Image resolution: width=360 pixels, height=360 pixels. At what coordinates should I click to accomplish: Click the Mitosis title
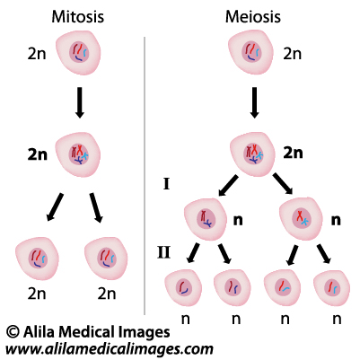pyautogui.click(x=78, y=17)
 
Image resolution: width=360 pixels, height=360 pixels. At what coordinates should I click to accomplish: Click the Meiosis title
pyautogui.click(x=253, y=17)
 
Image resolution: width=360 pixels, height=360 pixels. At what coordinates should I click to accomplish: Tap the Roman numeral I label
pyautogui.click(x=167, y=184)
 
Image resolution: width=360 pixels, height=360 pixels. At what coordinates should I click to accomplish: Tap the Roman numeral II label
pyautogui.click(x=164, y=252)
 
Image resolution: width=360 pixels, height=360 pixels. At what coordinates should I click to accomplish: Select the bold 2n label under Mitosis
pyautogui.click(x=38, y=154)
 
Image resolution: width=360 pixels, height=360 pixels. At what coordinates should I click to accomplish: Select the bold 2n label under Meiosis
pyautogui.click(x=293, y=153)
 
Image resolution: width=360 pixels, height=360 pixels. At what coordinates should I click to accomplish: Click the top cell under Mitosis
pyautogui.click(x=78, y=53)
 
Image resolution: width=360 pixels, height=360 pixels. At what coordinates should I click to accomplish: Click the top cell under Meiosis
pyautogui.click(x=250, y=52)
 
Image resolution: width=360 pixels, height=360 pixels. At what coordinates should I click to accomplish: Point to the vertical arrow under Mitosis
pyautogui.click(x=79, y=102)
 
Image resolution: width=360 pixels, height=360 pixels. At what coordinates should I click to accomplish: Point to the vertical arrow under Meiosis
pyautogui.click(x=254, y=102)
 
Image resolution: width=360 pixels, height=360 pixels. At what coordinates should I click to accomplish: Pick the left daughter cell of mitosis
pyautogui.click(x=37, y=259)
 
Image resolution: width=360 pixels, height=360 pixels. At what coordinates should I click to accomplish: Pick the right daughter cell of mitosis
pyautogui.click(x=106, y=259)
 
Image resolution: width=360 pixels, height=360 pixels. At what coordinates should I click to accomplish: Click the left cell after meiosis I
pyautogui.click(x=206, y=219)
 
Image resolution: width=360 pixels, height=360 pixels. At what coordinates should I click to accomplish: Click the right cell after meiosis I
pyautogui.click(x=301, y=218)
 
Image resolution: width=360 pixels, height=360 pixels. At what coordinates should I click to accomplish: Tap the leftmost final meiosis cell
pyautogui.click(x=183, y=288)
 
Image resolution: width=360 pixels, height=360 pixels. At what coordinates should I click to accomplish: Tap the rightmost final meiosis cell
pyautogui.click(x=331, y=288)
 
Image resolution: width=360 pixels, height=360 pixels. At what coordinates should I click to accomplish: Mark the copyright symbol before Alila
pyautogui.click(x=13, y=332)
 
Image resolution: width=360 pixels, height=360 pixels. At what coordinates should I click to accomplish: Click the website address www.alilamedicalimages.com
pyautogui.click(x=110, y=349)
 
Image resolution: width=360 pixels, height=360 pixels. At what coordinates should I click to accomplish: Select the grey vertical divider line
pyautogui.click(x=145, y=176)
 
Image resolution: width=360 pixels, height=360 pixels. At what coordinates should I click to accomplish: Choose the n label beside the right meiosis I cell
pyautogui.click(x=336, y=220)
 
